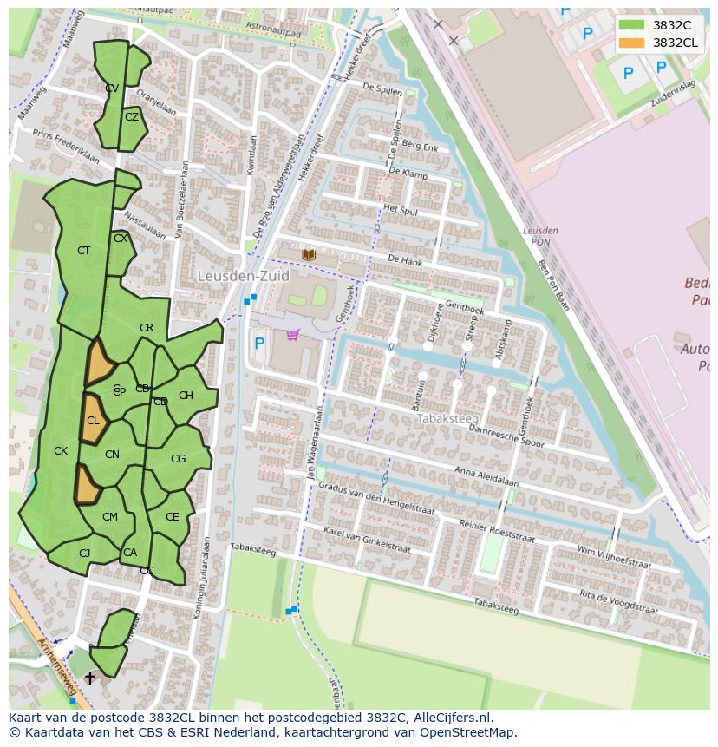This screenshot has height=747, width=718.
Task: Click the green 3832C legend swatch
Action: coord(631,25)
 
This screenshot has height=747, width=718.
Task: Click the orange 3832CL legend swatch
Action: coord(631,43)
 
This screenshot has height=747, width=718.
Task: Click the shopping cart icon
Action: coord(293,335)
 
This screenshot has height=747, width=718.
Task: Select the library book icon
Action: coord(309,254)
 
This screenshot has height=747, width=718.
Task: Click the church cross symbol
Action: coord(89,678)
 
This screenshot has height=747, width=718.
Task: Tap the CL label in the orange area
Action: coord(93,421)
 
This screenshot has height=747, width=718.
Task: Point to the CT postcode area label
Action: coord(83,251)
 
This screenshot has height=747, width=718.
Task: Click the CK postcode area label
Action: coord(61,451)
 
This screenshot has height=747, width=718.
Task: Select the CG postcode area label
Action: coord(178,459)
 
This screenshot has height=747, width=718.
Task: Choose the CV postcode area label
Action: coord(112,88)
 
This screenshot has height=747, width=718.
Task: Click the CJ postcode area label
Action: coord(84,554)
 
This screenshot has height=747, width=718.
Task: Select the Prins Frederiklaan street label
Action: coord(66,145)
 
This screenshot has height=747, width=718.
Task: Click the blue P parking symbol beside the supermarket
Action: coord(258,344)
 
